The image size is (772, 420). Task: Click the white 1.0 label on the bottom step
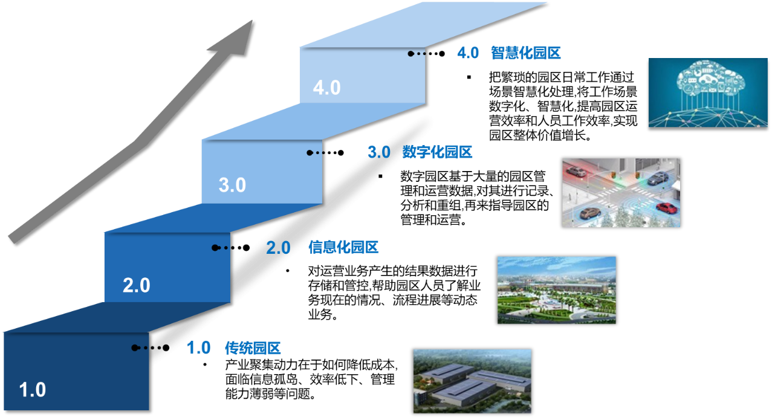tap(33, 390)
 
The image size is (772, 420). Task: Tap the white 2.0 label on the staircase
tap(137, 285)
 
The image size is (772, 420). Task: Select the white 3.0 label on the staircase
tap(232, 185)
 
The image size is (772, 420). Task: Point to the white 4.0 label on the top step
tap(326, 88)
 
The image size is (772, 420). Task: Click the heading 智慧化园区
tap(525, 53)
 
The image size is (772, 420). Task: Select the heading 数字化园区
tap(437, 152)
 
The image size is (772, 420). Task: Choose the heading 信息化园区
tap(343, 247)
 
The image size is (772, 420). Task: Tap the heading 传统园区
tap(253, 348)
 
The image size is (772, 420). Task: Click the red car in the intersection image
tap(666, 208)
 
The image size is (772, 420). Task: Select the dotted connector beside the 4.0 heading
tap(426, 53)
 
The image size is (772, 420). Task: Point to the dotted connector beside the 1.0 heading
tap(151, 347)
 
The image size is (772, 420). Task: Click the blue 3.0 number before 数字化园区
tap(379, 152)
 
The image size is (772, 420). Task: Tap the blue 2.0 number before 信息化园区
tap(278, 248)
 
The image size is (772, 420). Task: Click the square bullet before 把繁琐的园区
tap(469, 77)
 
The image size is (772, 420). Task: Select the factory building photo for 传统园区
tap(472, 381)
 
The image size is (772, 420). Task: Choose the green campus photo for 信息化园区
tap(557, 290)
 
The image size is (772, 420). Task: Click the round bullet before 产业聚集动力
tap(205, 364)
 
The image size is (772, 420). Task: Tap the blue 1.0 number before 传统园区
tap(198, 347)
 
